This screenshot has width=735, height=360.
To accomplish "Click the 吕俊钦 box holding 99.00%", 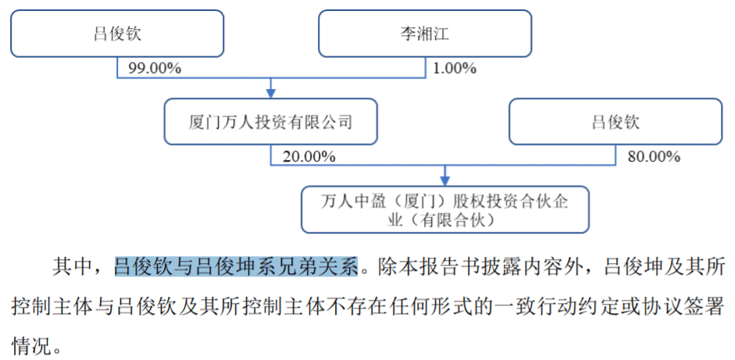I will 117,34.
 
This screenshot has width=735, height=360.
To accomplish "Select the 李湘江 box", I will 424,34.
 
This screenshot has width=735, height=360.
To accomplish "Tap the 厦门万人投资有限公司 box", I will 271,122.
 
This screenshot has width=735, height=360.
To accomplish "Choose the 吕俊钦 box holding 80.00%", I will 615,122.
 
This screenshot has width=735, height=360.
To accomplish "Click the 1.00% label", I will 454,69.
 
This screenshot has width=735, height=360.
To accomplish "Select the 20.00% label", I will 309,157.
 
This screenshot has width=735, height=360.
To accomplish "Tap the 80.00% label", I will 654,157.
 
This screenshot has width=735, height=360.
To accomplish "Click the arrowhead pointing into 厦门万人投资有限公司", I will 271,91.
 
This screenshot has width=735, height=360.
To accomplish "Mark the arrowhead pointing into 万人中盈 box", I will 445,180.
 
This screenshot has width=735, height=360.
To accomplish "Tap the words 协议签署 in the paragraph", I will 685,305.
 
